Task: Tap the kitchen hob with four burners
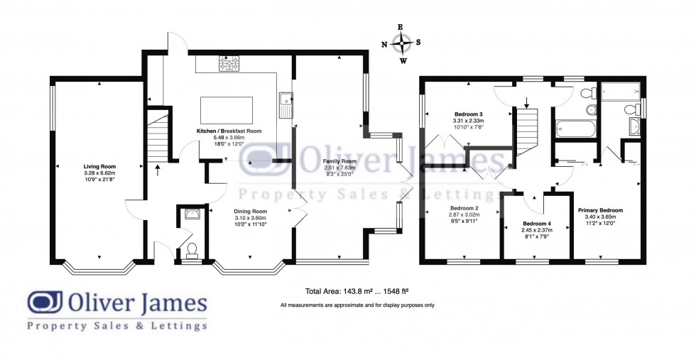tap(229, 65)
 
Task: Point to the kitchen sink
tap(286, 104)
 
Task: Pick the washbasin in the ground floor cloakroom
tap(190, 213)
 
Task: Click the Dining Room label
tap(250, 212)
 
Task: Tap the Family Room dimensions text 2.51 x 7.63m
tap(339, 168)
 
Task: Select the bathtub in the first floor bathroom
tap(575, 129)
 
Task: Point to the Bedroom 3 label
tap(469, 114)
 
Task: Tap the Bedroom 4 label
tap(536, 222)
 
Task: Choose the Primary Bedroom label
tap(600, 211)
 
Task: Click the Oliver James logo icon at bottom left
tap(44, 302)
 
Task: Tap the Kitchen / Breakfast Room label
tap(229, 131)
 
